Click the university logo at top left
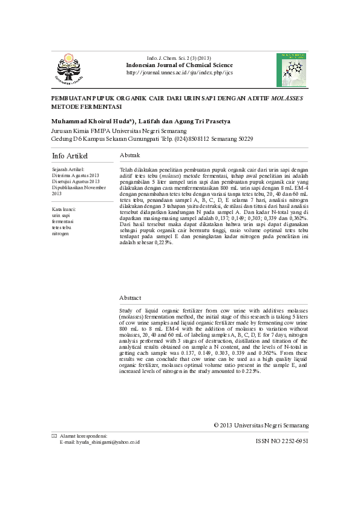point(70,67)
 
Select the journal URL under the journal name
point(179,73)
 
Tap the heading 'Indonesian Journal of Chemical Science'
point(179,65)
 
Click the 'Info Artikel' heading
point(70,156)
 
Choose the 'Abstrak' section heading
point(131,155)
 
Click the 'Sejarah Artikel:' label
point(68,170)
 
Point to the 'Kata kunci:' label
point(64,209)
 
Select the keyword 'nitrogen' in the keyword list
point(61,233)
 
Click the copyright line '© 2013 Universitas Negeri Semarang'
point(261,426)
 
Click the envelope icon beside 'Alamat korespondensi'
point(54,435)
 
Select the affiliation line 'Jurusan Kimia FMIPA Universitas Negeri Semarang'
point(119,131)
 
